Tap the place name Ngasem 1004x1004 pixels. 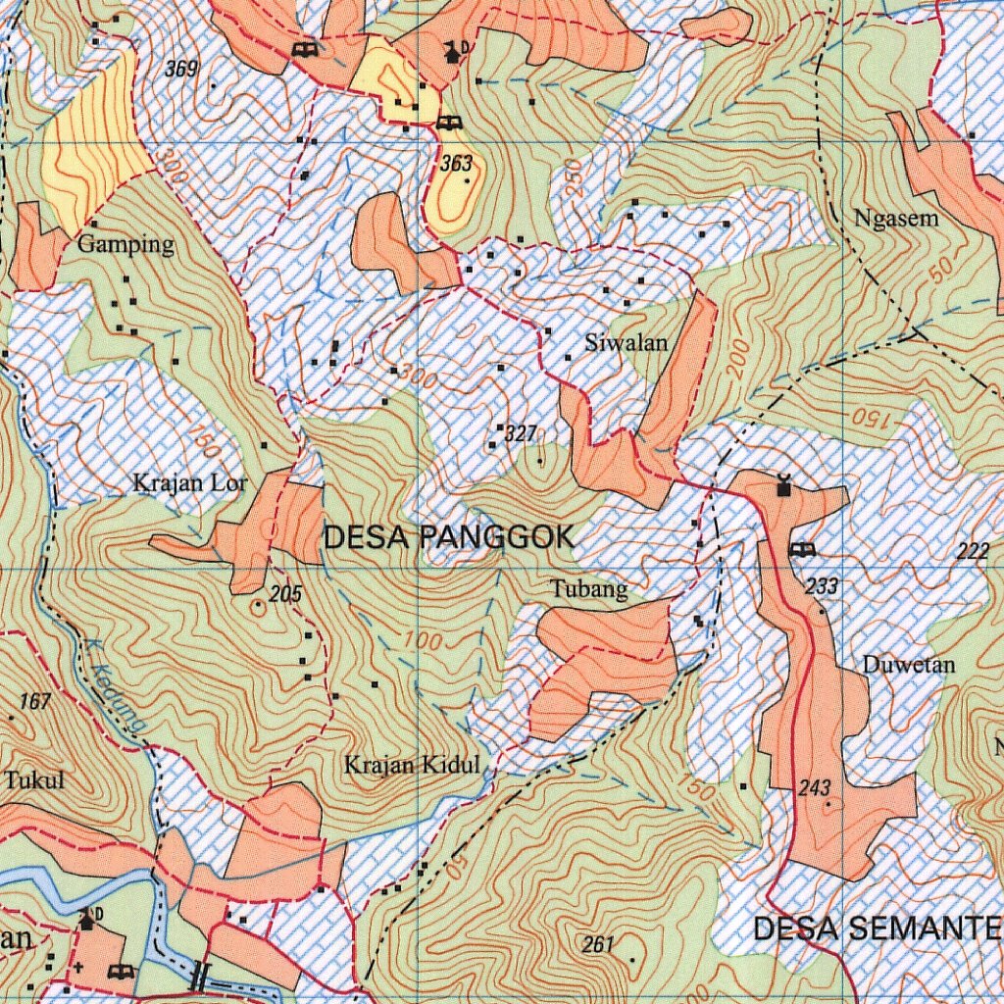click(x=896, y=219)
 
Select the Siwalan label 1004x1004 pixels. click(x=626, y=343)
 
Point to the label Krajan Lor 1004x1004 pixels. click(x=190, y=483)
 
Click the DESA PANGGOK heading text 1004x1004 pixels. click(x=448, y=537)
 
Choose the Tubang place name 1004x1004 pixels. click(x=588, y=589)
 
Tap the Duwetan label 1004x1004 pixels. click(x=908, y=665)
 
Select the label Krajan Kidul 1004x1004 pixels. click(x=412, y=765)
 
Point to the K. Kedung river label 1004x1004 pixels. click(x=115, y=695)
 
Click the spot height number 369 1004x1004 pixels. click(x=181, y=69)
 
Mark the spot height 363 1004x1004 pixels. click(x=456, y=164)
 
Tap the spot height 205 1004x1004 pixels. click(x=285, y=593)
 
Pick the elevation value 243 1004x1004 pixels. click(x=814, y=788)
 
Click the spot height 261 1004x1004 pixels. click(x=597, y=944)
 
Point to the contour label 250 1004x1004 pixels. click(x=574, y=176)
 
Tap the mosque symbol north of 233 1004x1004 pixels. click(x=782, y=485)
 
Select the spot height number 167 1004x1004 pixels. click(x=34, y=701)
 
